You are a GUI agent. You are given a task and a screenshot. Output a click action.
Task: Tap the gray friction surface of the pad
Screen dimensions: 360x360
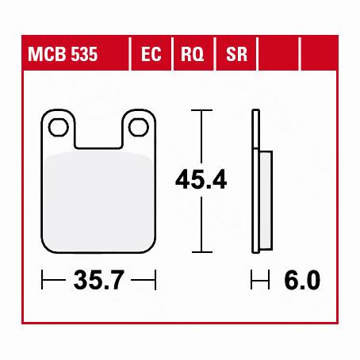(x=99, y=198)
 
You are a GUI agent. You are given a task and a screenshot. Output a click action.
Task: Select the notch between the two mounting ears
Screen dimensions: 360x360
(x=99, y=131)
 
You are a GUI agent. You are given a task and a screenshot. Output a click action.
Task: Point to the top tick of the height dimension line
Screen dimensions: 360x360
(x=201, y=111)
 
